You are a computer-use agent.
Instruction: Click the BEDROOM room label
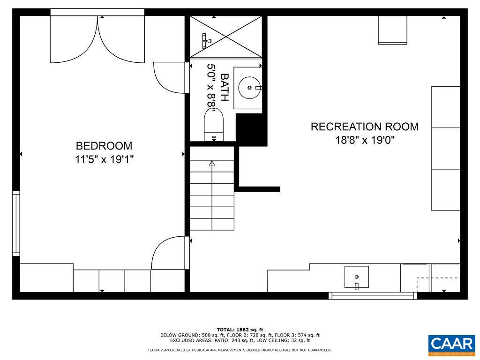click(104, 146)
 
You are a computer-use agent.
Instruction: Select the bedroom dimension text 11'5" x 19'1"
click(104, 159)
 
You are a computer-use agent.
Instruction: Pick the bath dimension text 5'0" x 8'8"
click(211, 87)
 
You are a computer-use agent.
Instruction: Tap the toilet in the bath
click(214, 125)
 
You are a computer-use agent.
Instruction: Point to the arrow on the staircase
click(212, 164)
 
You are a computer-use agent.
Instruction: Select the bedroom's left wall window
click(16, 223)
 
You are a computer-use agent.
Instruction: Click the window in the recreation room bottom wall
click(373, 296)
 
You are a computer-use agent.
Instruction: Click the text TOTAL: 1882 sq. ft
click(240, 330)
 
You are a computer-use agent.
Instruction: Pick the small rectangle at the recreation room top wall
click(392, 30)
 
